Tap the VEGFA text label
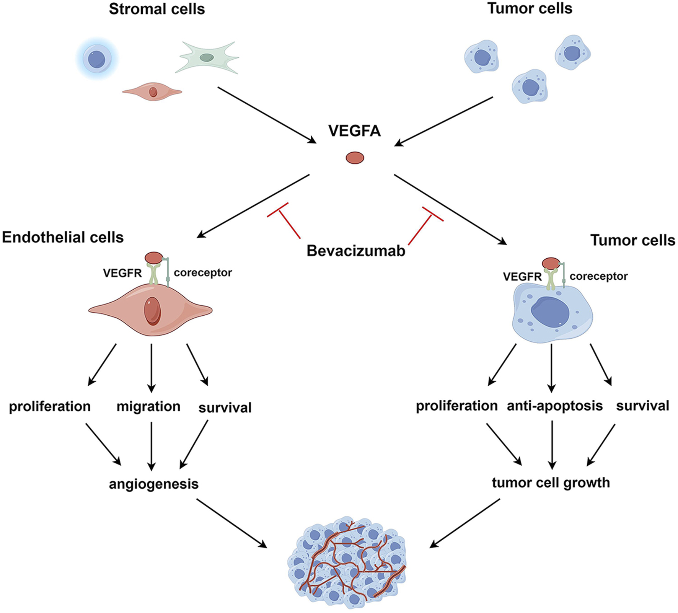point(354,131)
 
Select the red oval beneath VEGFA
point(355,158)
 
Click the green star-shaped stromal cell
point(207,58)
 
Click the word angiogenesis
point(153,484)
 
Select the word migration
point(148,406)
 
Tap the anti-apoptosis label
point(554,406)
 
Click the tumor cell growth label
point(551,483)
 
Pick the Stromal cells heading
point(157,9)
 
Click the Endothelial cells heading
point(63,238)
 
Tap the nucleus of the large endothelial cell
point(152,311)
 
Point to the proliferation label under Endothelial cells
point(50,406)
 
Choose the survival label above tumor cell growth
point(642,406)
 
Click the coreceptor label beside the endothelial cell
point(203,273)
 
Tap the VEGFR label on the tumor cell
point(522,277)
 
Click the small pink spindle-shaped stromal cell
point(152,92)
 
